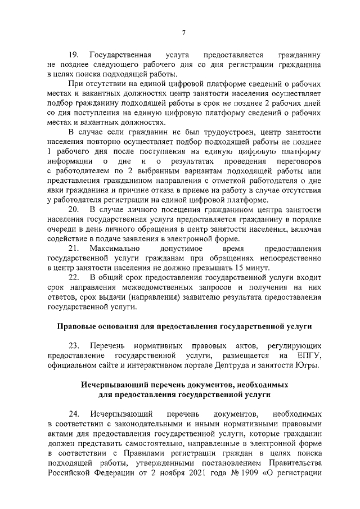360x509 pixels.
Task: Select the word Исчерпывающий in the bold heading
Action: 112,386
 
